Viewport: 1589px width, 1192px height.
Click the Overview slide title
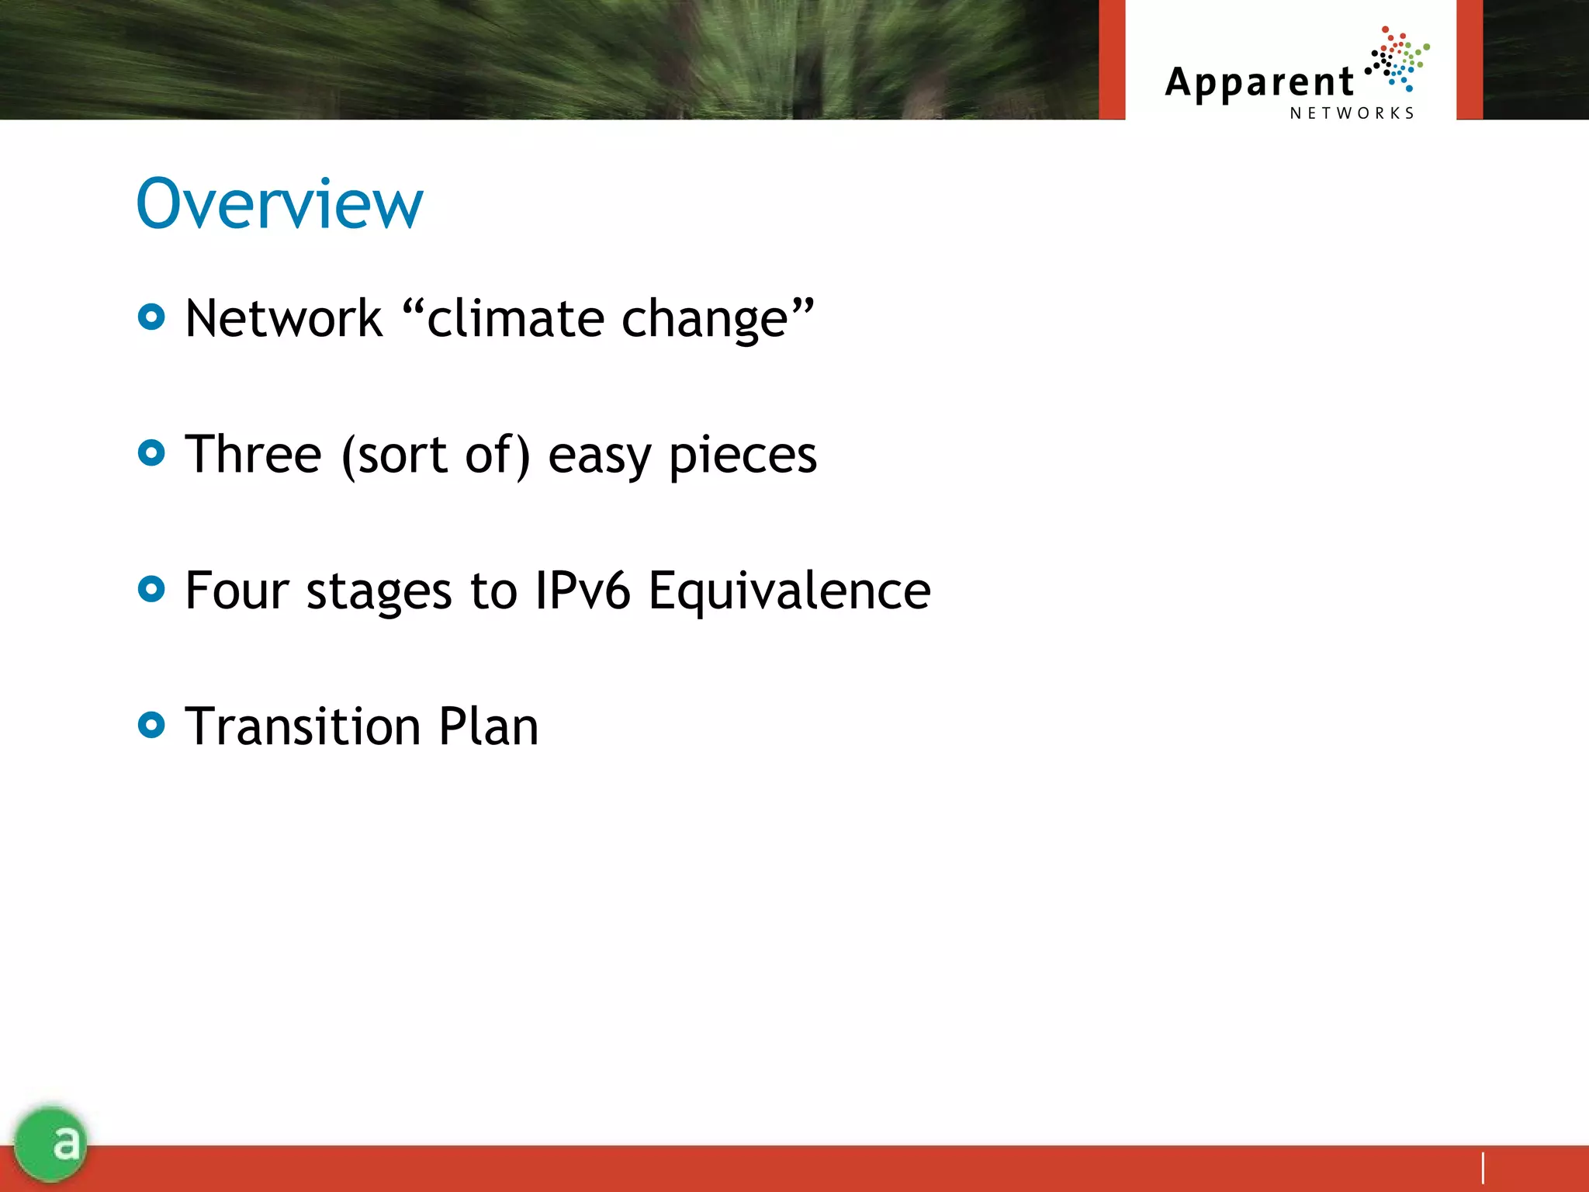pyautogui.click(x=279, y=203)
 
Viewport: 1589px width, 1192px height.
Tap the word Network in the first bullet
pyautogui.click(x=284, y=319)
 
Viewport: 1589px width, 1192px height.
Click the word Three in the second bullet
pyautogui.click(x=253, y=455)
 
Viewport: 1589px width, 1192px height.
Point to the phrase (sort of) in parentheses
pyautogui.click(x=436, y=455)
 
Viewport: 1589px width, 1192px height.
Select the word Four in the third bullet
pyautogui.click(x=237, y=591)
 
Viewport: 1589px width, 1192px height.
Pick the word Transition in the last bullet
pyautogui.click(x=303, y=726)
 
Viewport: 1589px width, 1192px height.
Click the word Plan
pyautogui.click(x=488, y=726)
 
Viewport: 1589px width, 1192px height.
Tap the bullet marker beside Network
pyautogui.click(x=151, y=317)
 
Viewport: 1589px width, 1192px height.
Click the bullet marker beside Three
pyautogui.click(x=151, y=452)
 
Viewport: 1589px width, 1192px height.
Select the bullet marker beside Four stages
pyautogui.click(x=151, y=589)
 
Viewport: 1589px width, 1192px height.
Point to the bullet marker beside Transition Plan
pyautogui.click(x=151, y=725)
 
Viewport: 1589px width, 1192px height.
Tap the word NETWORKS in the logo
pyautogui.click(x=1352, y=113)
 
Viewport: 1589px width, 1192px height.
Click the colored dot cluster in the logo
pyautogui.click(x=1398, y=59)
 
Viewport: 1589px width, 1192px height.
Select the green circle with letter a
pyautogui.click(x=50, y=1143)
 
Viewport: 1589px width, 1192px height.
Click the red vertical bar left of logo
pyautogui.click(x=1112, y=59)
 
